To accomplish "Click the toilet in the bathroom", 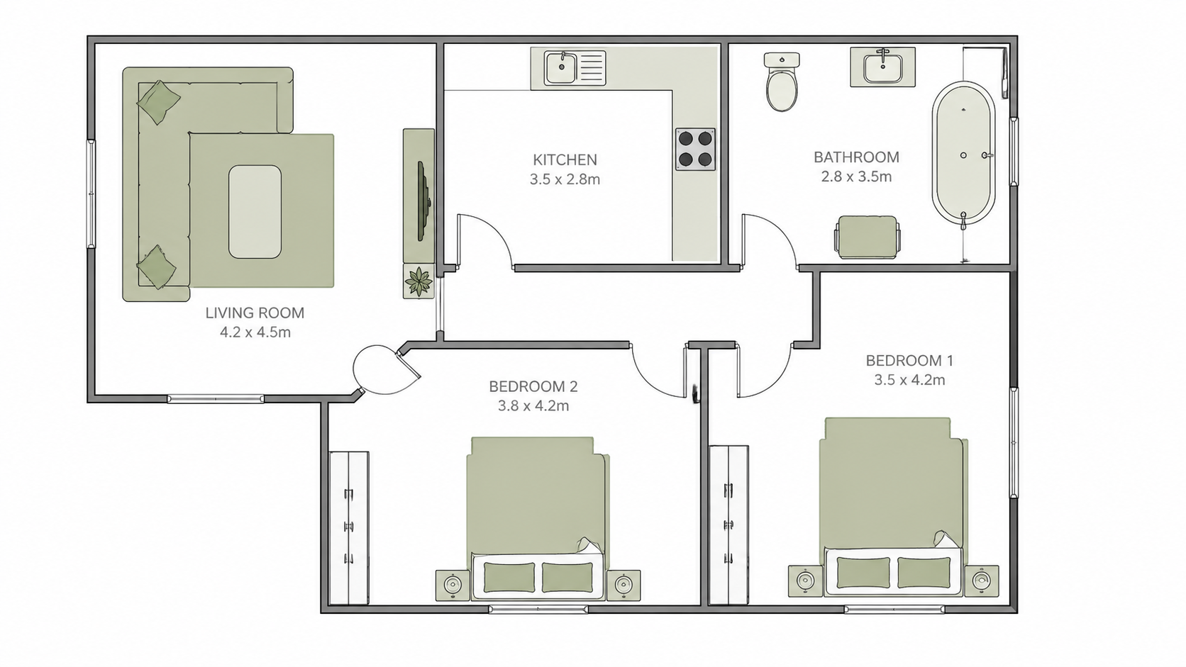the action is (x=782, y=82).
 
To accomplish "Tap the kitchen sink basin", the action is (x=561, y=68).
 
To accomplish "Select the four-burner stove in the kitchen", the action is (x=695, y=149).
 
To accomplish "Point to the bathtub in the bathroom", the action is (x=963, y=155).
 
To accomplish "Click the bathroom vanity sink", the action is (x=882, y=67).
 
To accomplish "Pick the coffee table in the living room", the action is (x=255, y=211).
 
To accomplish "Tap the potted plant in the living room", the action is (x=419, y=281).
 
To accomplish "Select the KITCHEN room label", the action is (x=565, y=159).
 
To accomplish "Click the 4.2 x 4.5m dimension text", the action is (x=255, y=332).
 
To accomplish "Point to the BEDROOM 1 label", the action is (x=909, y=361).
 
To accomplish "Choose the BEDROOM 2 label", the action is (x=533, y=386).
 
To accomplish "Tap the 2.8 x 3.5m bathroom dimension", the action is (x=856, y=176).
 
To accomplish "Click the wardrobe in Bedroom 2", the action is (x=349, y=528).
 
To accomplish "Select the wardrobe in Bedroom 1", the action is (x=728, y=525).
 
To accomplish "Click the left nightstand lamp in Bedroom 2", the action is (x=453, y=585).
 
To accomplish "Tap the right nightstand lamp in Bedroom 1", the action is (x=982, y=581).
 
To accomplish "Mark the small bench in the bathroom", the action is (x=868, y=237).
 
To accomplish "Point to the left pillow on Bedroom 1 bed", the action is (x=864, y=572).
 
